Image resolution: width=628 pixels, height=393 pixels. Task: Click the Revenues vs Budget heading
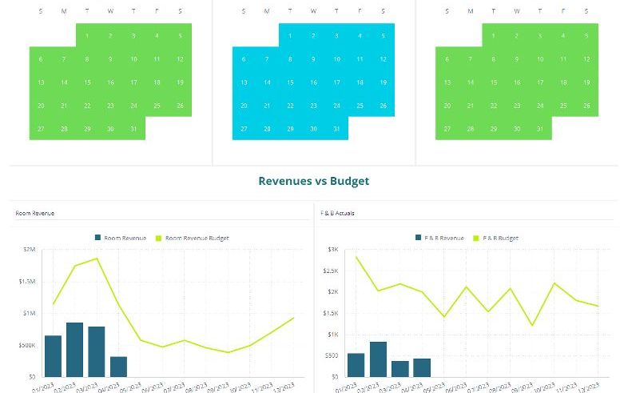tap(313, 181)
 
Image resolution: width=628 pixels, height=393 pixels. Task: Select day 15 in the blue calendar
tap(290, 82)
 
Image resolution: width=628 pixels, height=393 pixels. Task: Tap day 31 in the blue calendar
tap(336, 129)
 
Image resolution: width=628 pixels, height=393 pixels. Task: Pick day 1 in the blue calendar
tap(290, 35)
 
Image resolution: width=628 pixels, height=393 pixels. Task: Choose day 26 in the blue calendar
tap(383, 106)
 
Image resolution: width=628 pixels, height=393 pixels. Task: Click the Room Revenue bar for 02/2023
tap(75, 350)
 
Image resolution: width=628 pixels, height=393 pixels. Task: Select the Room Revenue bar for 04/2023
tap(118, 367)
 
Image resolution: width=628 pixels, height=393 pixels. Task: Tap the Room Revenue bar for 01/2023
tap(53, 356)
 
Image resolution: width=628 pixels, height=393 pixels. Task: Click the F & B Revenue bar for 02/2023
tap(378, 359)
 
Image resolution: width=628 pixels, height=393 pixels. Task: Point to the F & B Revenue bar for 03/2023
tap(400, 368)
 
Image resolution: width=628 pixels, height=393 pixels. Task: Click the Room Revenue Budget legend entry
tap(192, 238)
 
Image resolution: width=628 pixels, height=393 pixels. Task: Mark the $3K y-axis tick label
tap(330, 250)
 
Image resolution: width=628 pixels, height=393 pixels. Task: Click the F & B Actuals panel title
tap(337, 214)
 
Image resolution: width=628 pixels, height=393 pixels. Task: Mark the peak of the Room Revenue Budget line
tap(97, 259)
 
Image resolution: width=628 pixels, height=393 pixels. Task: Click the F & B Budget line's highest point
tap(356, 257)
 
